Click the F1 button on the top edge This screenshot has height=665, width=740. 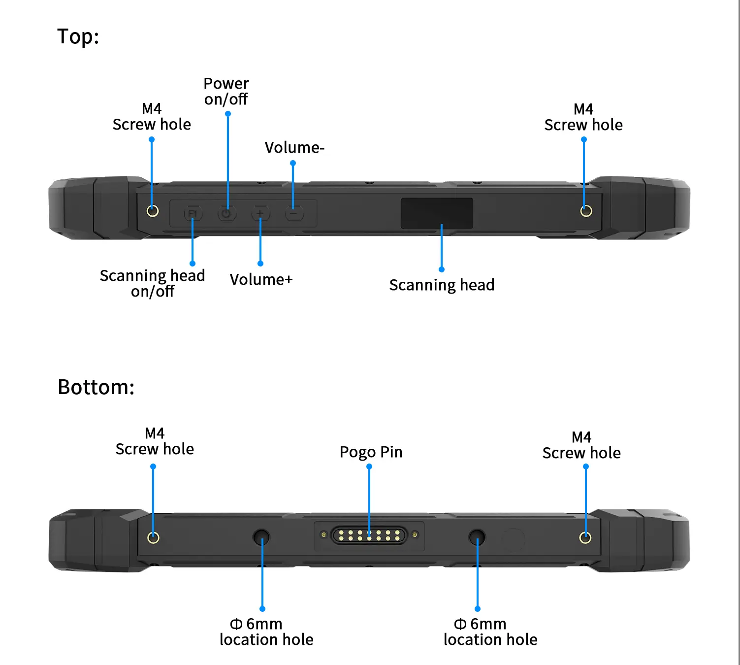click(193, 214)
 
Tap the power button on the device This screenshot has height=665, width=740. click(226, 214)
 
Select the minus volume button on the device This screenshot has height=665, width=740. click(294, 214)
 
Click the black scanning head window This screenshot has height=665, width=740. click(437, 213)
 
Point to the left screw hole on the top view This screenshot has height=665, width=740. click(153, 211)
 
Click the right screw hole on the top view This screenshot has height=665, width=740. click(586, 211)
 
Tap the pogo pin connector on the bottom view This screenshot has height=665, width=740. click(369, 535)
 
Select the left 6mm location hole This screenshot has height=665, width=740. click(261, 537)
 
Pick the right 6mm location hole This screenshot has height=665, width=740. click(477, 537)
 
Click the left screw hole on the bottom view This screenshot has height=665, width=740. click(153, 537)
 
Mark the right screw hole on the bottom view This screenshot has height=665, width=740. click(585, 537)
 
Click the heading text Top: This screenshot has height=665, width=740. click(78, 36)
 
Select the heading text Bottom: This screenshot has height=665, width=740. click(96, 387)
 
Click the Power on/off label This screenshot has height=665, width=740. click(226, 91)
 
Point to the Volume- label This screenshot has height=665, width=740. click(294, 147)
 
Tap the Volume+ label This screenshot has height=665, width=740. click(261, 279)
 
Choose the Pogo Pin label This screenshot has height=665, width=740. click(371, 452)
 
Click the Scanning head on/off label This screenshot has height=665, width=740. click(152, 283)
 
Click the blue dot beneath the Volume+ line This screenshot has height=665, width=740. click(260, 264)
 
